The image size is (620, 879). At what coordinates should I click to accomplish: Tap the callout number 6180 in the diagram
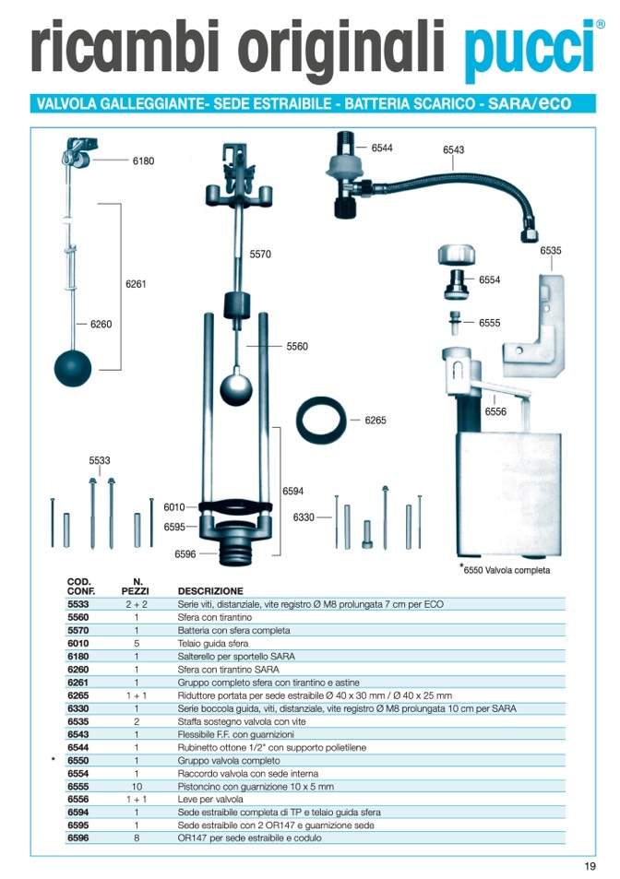(143, 161)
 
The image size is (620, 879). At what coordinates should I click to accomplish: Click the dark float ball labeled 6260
(73, 367)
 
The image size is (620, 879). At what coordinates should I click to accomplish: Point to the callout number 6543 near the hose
(453, 149)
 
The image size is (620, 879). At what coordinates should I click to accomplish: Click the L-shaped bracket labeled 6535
(538, 318)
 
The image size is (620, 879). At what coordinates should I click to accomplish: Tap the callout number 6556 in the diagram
(495, 411)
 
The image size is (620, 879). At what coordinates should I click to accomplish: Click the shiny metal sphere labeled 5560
(236, 386)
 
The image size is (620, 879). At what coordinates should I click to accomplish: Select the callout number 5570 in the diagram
(261, 254)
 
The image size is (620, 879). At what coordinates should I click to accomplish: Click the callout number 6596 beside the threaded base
(185, 554)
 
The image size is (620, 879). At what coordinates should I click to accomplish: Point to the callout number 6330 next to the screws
(304, 517)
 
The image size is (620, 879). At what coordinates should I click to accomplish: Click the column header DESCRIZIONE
(210, 590)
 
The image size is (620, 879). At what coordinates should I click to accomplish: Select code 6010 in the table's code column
(78, 644)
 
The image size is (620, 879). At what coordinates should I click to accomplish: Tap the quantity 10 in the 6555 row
(137, 787)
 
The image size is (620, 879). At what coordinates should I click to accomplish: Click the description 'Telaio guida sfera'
(212, 644)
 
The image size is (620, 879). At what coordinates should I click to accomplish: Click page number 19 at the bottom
(590, 865)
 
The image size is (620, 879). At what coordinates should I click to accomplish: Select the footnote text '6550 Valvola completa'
(507, 570)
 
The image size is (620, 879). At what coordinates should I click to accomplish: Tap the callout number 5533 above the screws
(99, 459)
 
